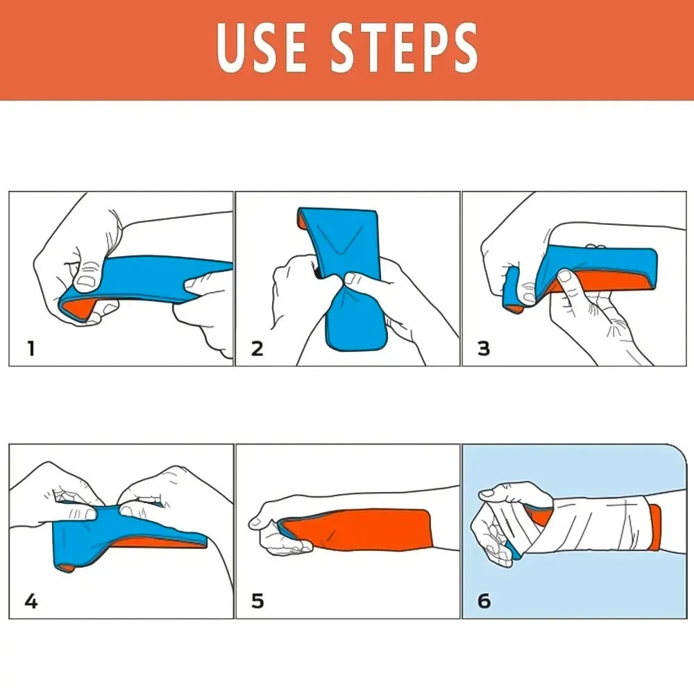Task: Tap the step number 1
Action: pyautogui.click(x=30, y=348)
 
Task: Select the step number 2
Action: pyautogui.click(x=257, y=348)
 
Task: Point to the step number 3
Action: pyautogui.click(x=484, y=348)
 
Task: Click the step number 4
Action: pyautogui.click(x=30, y=601)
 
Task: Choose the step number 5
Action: pyautogui.click(x=257, y=601)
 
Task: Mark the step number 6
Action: pyautogui.click(x=484, y=601)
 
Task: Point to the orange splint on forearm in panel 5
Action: pyautogui.click(x=368, y=531)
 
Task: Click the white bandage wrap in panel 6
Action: pyautogui.click(x=597, y=524)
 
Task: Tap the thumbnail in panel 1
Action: pyautogui.click(x=85, y=280)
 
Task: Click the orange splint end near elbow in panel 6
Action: pyautogui.click(x=654, y=527)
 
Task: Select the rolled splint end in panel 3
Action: pyautogui.click(x=512, y=291)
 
